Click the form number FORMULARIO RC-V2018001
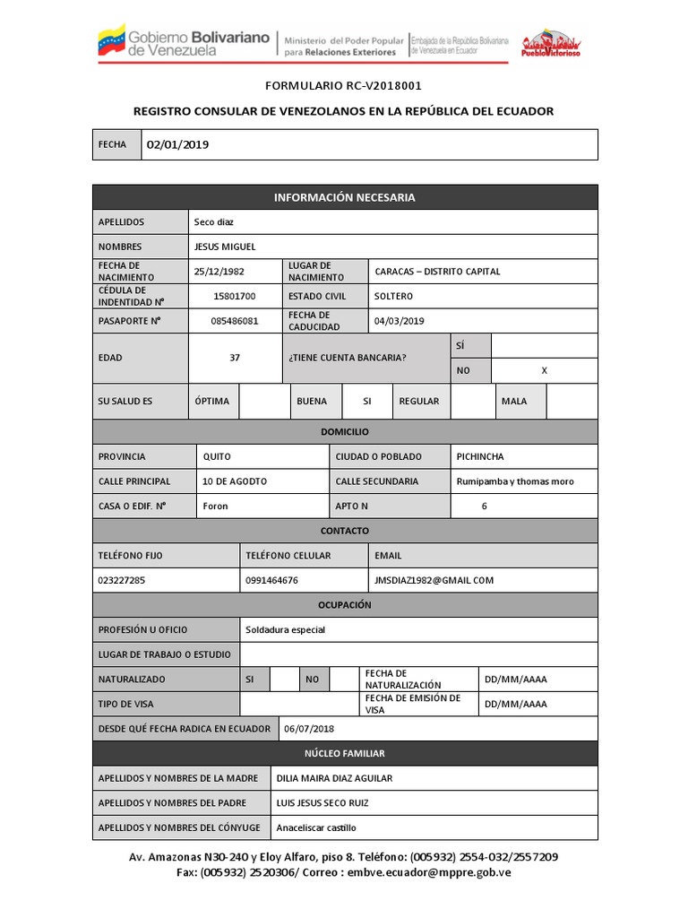(x=343, y=86)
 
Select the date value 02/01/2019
(x=178, y=144)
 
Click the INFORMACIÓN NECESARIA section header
(x=345, y=197)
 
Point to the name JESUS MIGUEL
(x=225, y=247)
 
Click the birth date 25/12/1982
(x=219, y=272)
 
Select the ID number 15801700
(x=235, y=296)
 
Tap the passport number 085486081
(x=235, y=321)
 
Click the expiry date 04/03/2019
(x=400, y=321)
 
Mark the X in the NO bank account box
(x=544, y=370)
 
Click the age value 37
(x=235, y=358)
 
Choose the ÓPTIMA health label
(x=212, y=402)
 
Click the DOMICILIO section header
(x=345, y=432)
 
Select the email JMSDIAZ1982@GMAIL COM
(x=434, y=580)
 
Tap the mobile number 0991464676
(x=271, y=580)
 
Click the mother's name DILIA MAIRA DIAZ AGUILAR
(x=335, y=778)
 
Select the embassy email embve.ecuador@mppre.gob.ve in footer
(x=429, y=871)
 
